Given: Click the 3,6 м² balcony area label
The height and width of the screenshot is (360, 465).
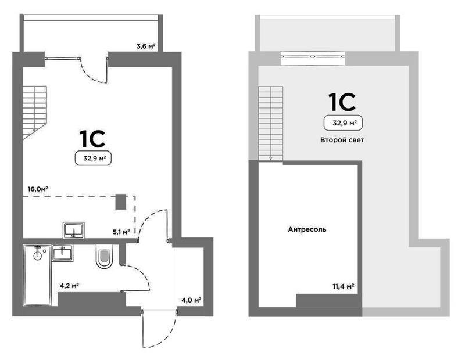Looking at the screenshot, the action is [146, 46].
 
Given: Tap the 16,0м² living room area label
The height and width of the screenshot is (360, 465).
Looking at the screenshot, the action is [38, 189].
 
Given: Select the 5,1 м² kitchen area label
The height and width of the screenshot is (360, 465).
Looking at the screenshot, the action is [121, 232].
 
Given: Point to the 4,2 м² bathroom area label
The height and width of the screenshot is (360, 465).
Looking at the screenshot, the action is [69, 286].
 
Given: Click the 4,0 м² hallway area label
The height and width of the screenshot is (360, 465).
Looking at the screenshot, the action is [192, 300].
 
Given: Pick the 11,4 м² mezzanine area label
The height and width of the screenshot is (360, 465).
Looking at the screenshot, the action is [343, 286].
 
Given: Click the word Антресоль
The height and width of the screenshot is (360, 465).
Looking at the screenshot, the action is [307, 229].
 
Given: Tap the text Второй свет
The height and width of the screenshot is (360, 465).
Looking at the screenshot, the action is [342, 140].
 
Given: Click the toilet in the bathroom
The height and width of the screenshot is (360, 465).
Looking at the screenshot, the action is [105, 257].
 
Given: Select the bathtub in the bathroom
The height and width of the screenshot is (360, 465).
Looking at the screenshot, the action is [37, 275].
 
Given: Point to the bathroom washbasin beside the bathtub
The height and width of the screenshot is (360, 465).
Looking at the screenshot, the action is [63, 253].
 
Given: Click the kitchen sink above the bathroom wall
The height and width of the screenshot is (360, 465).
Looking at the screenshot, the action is [74, 230].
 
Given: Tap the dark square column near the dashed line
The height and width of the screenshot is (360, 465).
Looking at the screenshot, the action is [121, 202].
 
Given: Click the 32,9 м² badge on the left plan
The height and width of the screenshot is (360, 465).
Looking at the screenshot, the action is [93, 158].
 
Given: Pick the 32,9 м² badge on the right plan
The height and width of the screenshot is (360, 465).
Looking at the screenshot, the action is [343, 123].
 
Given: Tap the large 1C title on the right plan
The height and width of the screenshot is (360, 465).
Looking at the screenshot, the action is [342, 102].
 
